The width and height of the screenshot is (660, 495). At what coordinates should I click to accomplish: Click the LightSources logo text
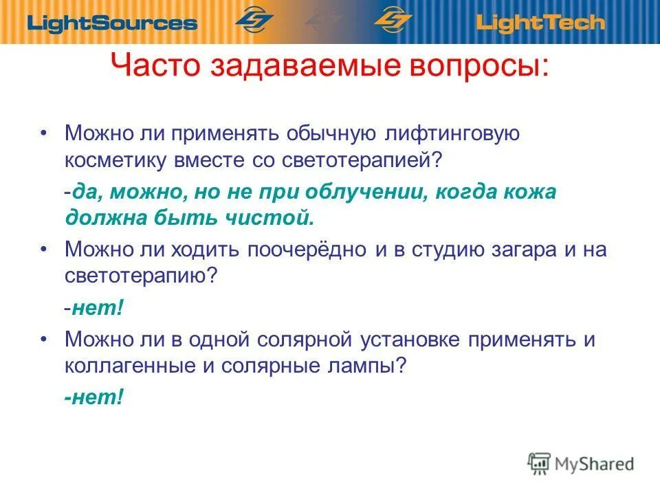pyautogui.click(x=112, y=23)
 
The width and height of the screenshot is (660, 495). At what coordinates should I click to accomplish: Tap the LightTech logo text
pyautogui.click(x=540, y=23)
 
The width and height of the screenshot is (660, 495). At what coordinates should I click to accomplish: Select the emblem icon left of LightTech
pyautogui.click(x=393, y=20)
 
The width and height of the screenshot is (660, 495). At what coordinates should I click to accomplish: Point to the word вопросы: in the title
pyautogui.click(x=485, y=68)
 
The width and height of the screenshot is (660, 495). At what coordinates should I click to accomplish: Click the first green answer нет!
pyautogui.click(x=98, y=308)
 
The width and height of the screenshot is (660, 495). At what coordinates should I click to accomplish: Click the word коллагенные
pyautogui.click(x=129, y=366)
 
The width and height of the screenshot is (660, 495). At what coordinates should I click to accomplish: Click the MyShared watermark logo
pyautogui.click(x=581, y=463)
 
